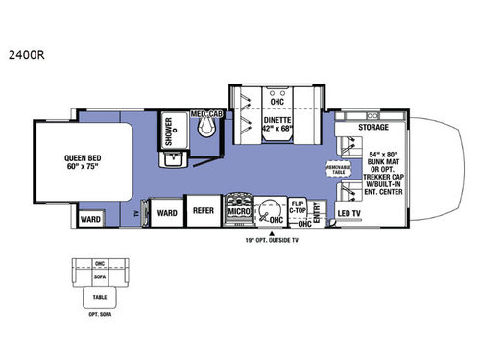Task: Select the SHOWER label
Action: (169, 130)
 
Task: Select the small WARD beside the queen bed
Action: (90, 218)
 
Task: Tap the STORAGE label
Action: (373, 126)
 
